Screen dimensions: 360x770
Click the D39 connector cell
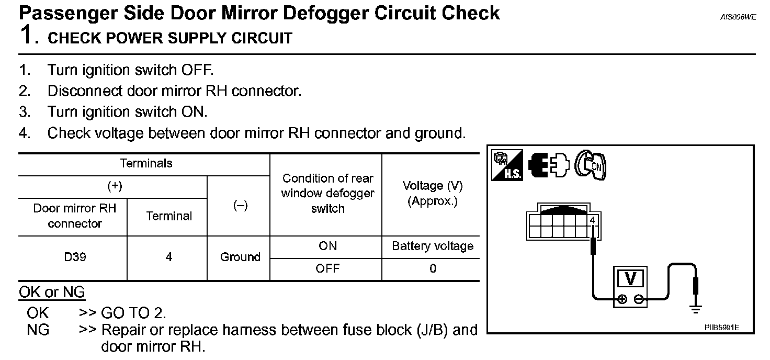click(75, 257)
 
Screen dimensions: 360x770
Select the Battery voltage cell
click(433, 246)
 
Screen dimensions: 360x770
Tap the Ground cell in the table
click(240, 257)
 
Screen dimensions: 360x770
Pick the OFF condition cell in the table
click(327, 269)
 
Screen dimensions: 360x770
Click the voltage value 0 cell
click(433, 269)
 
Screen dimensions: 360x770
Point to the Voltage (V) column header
click(433, 194)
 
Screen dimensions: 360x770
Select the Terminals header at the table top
click(146, 164)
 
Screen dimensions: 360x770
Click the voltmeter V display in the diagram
click(630, 279)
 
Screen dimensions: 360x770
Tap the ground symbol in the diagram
click(695, 309)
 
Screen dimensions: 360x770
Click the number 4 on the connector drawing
click(592, 220)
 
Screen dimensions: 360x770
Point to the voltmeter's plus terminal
click(622, 300)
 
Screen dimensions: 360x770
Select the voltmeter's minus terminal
click(639, 300)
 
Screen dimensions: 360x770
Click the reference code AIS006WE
click(738, 17)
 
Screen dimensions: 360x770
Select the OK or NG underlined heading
click(52, 292)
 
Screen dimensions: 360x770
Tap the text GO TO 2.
click(133, 313)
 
